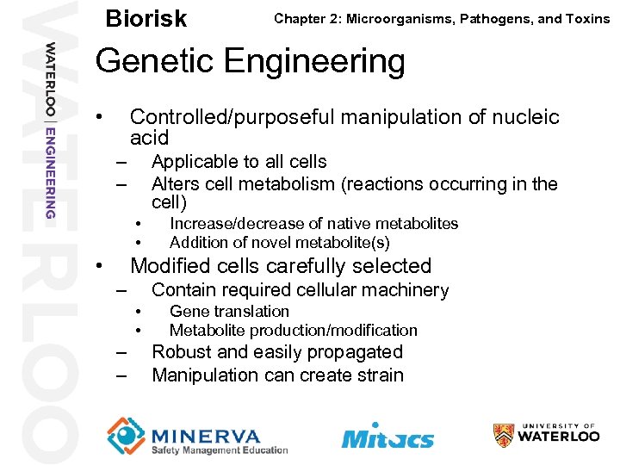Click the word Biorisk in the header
click(146, 18)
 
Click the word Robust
click(177, 352)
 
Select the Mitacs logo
click(387, 435)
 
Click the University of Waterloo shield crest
click(504, 435)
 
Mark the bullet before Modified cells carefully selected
click(101, 265)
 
